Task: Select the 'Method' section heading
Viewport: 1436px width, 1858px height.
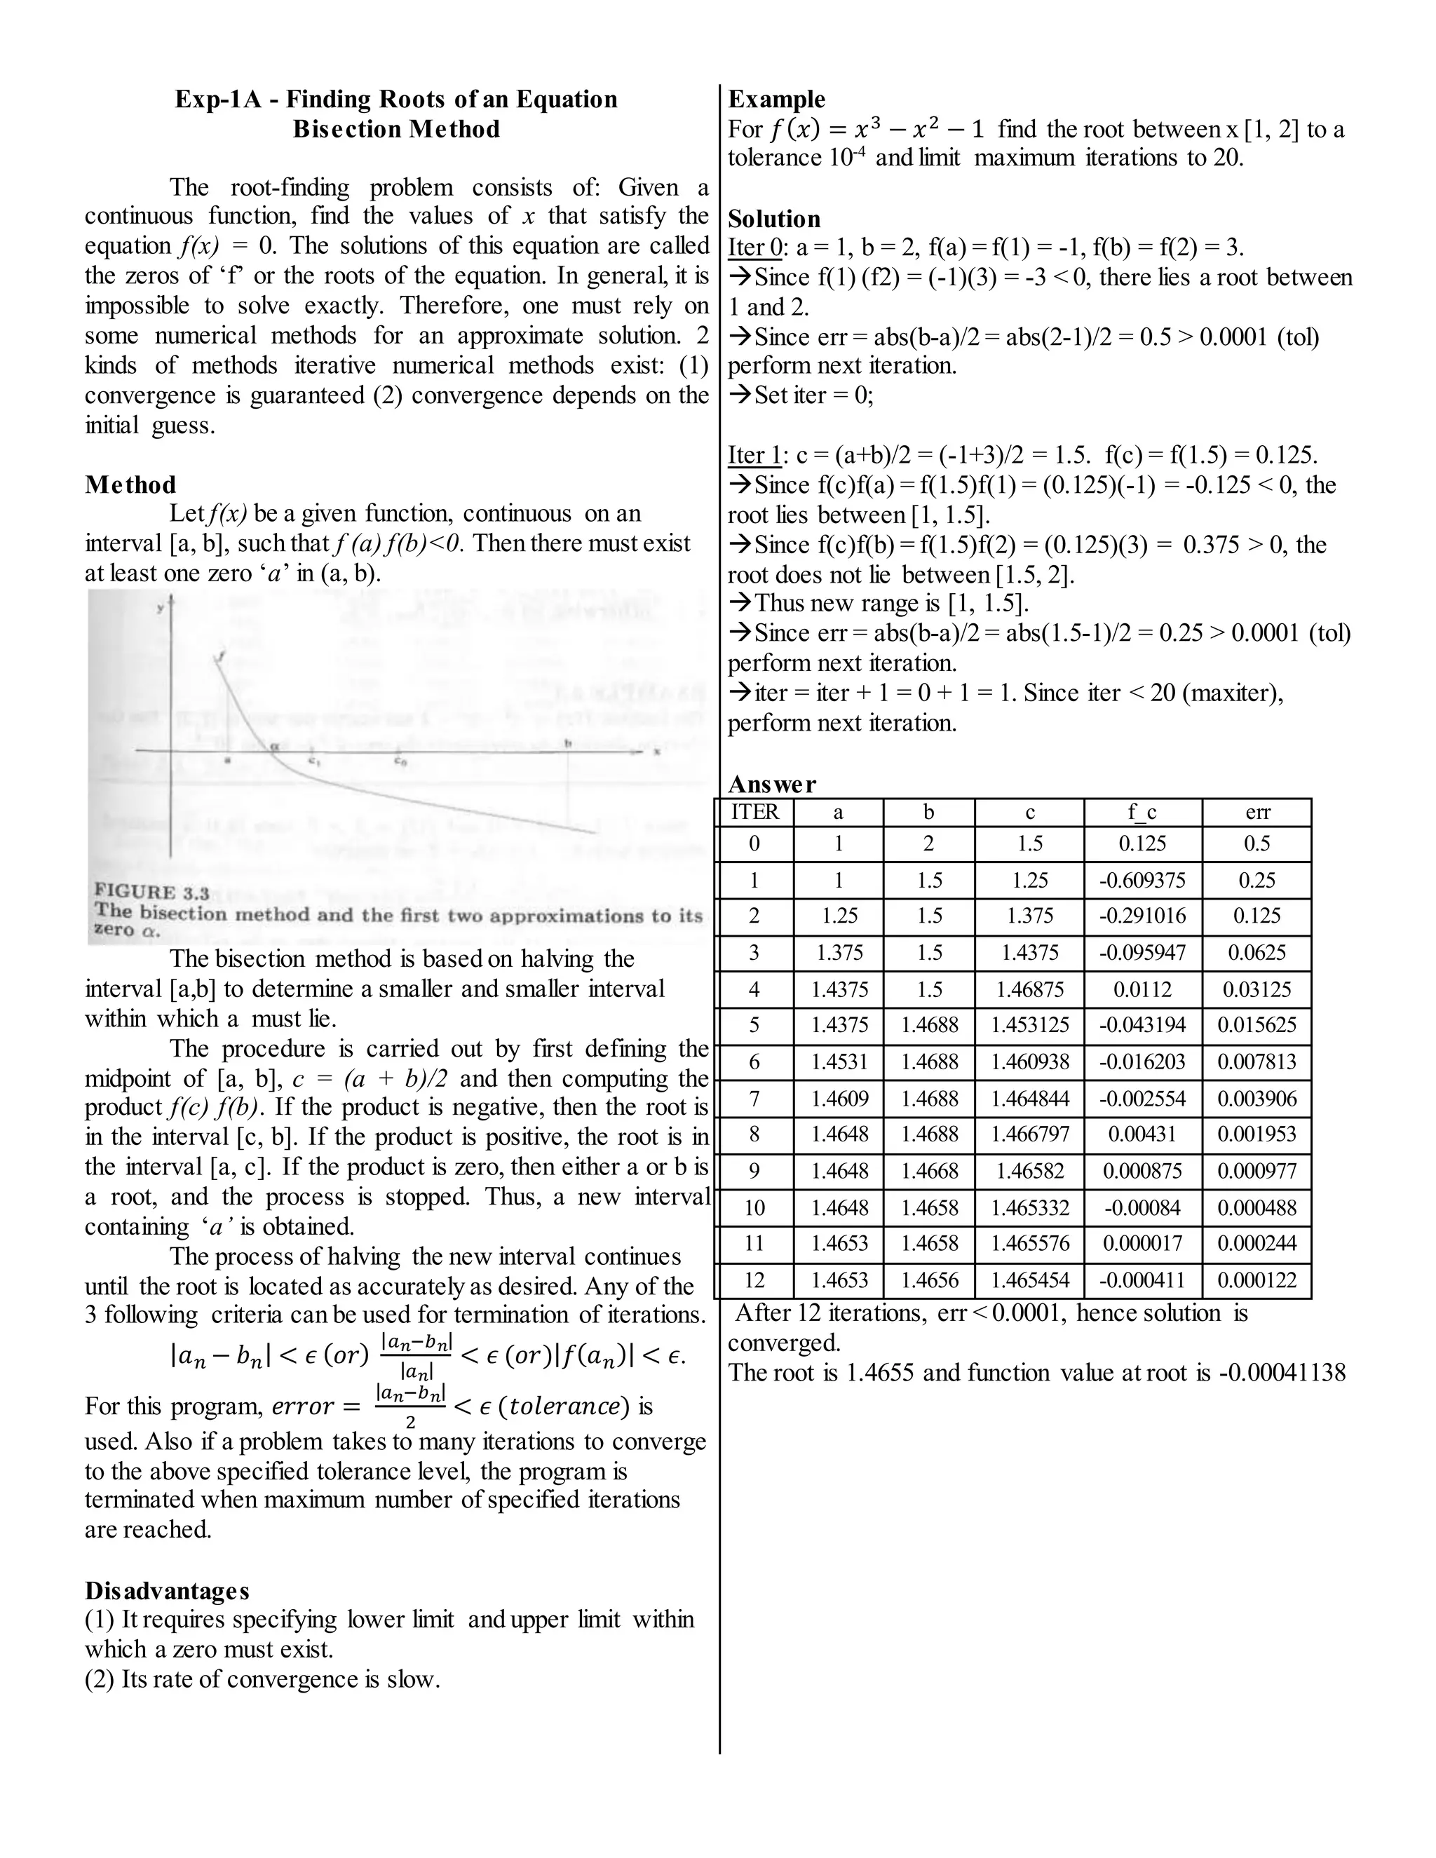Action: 130,485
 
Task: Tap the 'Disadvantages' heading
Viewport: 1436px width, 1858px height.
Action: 167,1590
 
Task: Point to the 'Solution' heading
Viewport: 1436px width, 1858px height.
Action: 774,219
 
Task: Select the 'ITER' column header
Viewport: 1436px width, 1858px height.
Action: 754,813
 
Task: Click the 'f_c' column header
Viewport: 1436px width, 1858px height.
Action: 1142,813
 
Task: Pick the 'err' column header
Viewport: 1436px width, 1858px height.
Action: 1256,813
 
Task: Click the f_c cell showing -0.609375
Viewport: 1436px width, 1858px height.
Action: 1142,881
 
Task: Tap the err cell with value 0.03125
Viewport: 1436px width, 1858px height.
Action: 1256,989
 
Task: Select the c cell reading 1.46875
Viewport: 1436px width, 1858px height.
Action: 1029,989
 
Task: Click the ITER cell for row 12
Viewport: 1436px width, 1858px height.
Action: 754,1280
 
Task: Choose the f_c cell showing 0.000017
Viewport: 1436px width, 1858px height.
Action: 1142,1244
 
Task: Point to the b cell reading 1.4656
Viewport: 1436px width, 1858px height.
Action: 929,1280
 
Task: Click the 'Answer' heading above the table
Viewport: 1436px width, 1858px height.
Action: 771,784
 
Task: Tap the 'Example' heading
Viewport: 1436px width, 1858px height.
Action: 777,100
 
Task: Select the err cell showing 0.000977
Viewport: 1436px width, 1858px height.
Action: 1256,1172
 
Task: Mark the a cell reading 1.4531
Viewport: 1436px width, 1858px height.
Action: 839,1062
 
